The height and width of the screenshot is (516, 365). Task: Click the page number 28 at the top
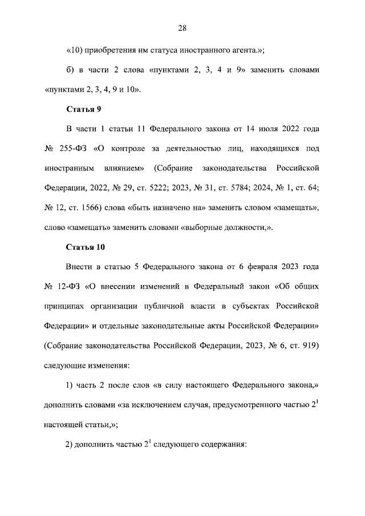click(x=182, y=28)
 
